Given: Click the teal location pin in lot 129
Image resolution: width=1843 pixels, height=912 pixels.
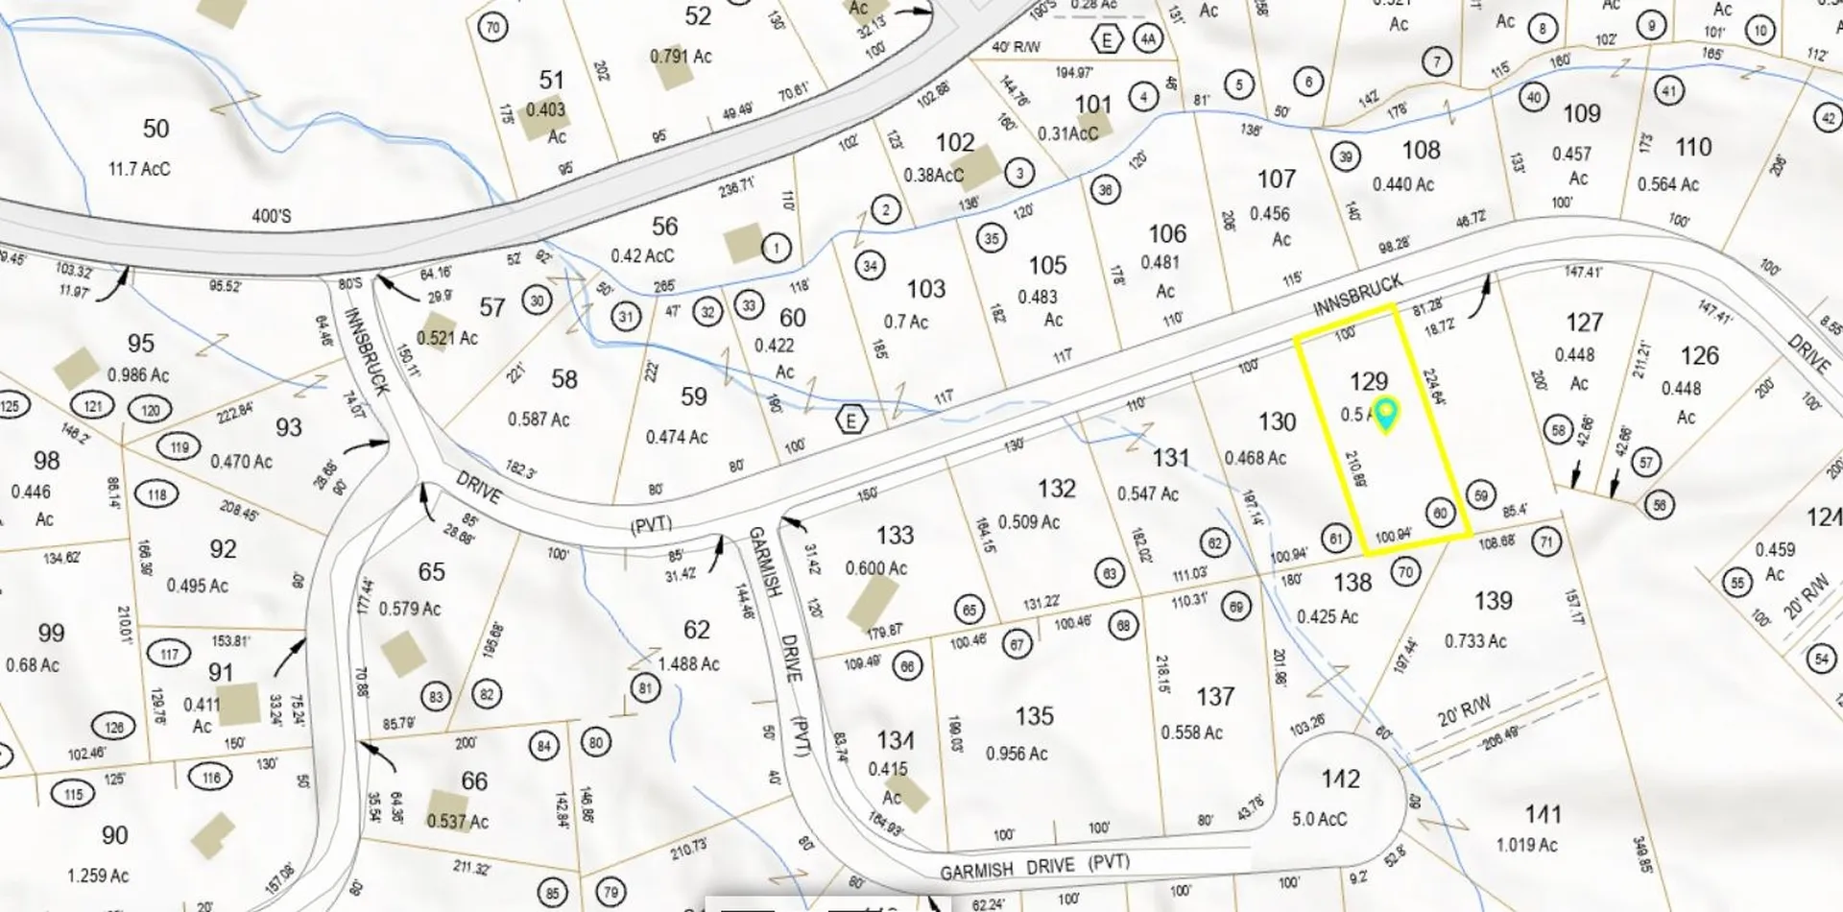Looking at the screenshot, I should coord(1385,414).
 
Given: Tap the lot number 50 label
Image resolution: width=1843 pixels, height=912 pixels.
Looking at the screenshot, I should coord(156,129).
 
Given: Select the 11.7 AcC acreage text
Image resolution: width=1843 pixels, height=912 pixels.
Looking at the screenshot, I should coord(139,169).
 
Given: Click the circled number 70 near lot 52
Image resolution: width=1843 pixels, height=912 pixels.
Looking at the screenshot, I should coord(492,27).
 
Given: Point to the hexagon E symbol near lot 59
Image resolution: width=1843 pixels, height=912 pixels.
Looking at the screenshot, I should coord(850,420).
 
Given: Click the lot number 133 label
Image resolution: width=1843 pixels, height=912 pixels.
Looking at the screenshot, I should coord(895,535).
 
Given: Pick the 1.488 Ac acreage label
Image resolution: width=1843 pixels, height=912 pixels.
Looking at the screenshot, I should coord(688,663).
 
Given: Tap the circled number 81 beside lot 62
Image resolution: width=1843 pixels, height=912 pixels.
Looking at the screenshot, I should coord(645,687).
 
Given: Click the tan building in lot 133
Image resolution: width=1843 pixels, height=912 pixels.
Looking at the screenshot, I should coord(872,601).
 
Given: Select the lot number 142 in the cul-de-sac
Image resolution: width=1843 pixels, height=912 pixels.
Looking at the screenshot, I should coord(1339,779).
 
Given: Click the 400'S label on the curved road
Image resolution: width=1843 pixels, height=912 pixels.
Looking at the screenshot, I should coord(271,216).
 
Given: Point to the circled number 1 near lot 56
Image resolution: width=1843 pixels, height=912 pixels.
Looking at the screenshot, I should coord(776,248).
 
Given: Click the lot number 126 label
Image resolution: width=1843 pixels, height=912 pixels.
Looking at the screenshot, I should coord(1699,355).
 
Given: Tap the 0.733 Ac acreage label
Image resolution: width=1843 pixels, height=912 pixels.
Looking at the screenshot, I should coord(1475,640).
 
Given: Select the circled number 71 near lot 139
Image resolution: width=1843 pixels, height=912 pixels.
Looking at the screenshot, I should coord(1545,541).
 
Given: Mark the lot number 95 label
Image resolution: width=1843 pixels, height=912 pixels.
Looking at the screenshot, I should coord(140,344).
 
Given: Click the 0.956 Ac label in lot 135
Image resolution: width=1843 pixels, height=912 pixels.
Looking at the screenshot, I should coord(1017,754).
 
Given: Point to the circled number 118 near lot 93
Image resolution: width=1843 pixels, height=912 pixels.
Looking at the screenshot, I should coord(156,494).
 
